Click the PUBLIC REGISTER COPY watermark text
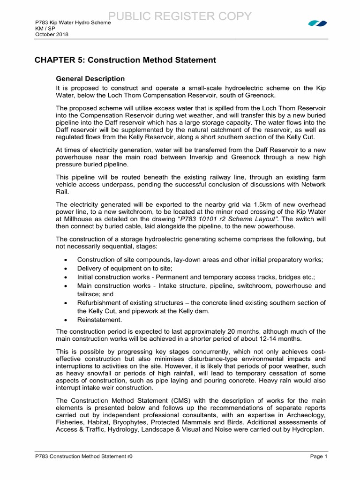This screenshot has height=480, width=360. (x=180, y=16)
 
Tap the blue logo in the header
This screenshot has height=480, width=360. (x=317, y=23)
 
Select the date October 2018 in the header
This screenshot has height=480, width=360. (x=49, y=34)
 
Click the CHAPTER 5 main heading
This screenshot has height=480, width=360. (x=126, y=60)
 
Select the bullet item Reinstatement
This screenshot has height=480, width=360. (x=99, y=320)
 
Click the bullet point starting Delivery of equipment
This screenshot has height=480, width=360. (x=125, y=268)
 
